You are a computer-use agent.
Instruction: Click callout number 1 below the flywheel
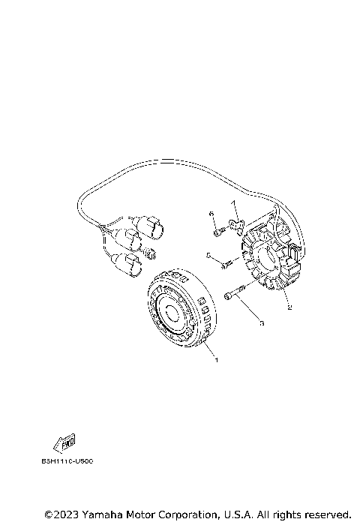coord(217,361)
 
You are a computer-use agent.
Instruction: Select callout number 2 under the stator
coord(289,307)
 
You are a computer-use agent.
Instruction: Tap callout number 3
coord(260,324)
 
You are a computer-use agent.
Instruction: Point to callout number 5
coord(208,256)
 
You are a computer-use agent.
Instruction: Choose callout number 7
coord(233,204)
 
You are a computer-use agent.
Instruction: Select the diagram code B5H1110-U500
coord(68,461)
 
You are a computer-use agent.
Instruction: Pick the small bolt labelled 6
coord(217,232)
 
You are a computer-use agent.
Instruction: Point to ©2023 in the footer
coord(60,514)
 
